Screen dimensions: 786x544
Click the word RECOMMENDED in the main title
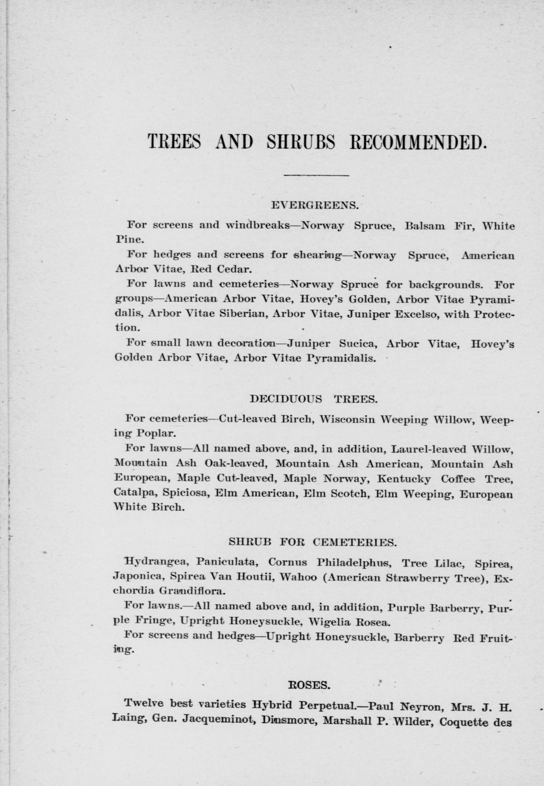(x=417, y=142)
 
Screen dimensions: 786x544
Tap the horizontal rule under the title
(x=316, y=176)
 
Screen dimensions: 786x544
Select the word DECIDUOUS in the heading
(x=286, y=399)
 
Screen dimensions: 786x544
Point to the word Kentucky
(x=404, y=479)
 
